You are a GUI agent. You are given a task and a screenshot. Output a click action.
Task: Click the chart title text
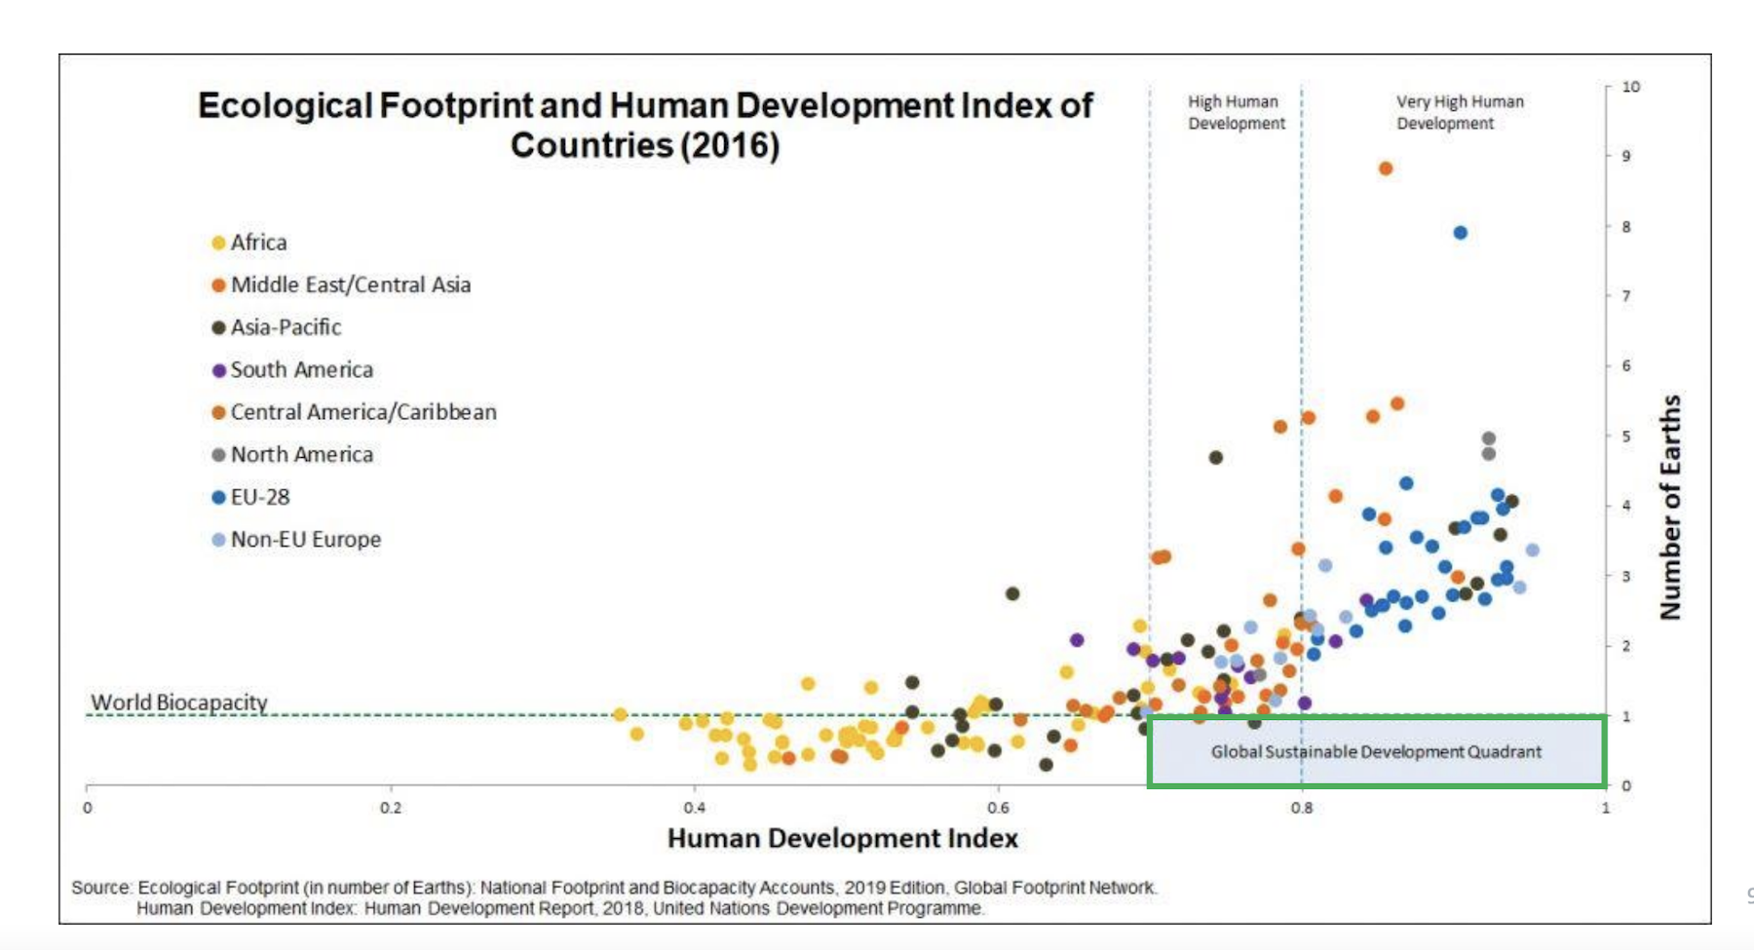pyautogui.click(x=645, y=125)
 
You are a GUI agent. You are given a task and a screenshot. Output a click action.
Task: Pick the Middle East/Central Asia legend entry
pyautogui.click(x=350, y=285)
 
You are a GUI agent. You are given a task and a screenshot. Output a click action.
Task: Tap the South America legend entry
pyautogui.click(x=301, y=369)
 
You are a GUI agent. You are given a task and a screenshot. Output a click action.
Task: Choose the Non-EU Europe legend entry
pyautogui.click(x=305, y=539)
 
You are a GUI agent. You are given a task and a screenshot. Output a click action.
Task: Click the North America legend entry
pyautogui.click(x=301, y=454)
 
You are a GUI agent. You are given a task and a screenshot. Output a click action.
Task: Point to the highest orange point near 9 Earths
pyautogui.click(x=1385, y=169)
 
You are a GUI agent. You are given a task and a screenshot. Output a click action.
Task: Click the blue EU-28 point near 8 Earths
pyautogui.click(x=1460, y=233)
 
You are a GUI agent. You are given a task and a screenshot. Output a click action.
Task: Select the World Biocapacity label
pyautogui.click(x=179, y=702)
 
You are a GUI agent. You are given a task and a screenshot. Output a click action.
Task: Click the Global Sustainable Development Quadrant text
pyautogui.click(x=1376, y=751)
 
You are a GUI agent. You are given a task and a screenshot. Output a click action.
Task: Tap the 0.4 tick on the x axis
pyautogui.click(x=694, y=808)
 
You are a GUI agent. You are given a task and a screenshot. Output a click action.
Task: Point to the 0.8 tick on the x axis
pyautogui.click(x=1302, y=808)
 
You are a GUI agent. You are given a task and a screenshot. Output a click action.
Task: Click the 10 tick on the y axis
pyautogui.click(x=1630, y=87)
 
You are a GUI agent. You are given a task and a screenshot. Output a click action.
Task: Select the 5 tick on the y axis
pyautogui.click(x=1625, y=436)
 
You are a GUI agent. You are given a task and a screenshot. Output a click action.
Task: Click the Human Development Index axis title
pyautogui.click(x=842, y=838)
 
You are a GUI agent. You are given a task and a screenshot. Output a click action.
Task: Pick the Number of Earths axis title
pyautogui.click(x=1670, y=507)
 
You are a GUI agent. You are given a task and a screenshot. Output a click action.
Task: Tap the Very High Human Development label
pyautogui.click(x=1459, y=112)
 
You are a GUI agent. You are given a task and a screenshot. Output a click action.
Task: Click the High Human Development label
pyautogui.click(x=1236, y=112)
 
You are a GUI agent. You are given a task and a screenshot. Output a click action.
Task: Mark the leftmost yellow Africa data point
pyautogui.click(x=620, y=714)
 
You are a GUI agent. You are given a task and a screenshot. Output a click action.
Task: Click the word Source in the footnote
pyautogui.click(x=100, y=888)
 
